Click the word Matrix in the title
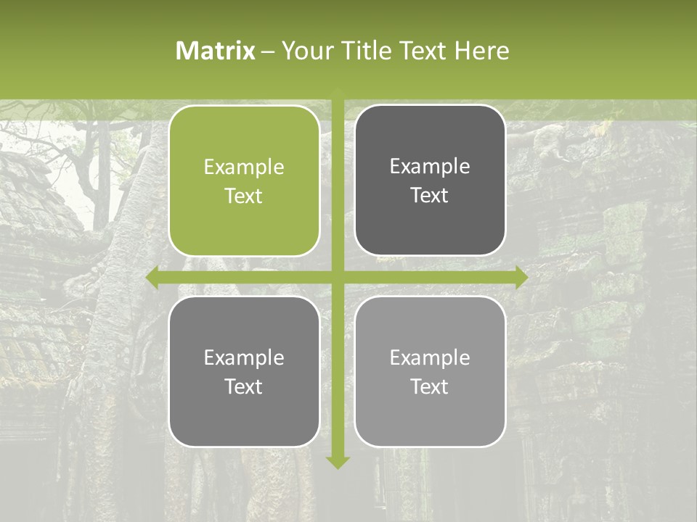[x=216, y=51]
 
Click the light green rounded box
[x=244, y=181]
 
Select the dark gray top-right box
[x=430, y=181]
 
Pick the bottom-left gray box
[x=244, y=372]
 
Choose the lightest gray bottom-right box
[x=430, y=371]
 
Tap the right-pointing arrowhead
[x=521, y=278]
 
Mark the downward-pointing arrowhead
[x=338, y=462]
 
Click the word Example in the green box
[x=244, y=167]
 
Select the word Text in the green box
[x=244, y=196]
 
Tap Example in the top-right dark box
[x=430, y=167]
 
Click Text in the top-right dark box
[x=430, y=195]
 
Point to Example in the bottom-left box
[x=244, y=358]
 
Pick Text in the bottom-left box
[x=244, y=386]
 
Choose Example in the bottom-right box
[x=430, y=357]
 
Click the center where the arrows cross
[x=338, y=278]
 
